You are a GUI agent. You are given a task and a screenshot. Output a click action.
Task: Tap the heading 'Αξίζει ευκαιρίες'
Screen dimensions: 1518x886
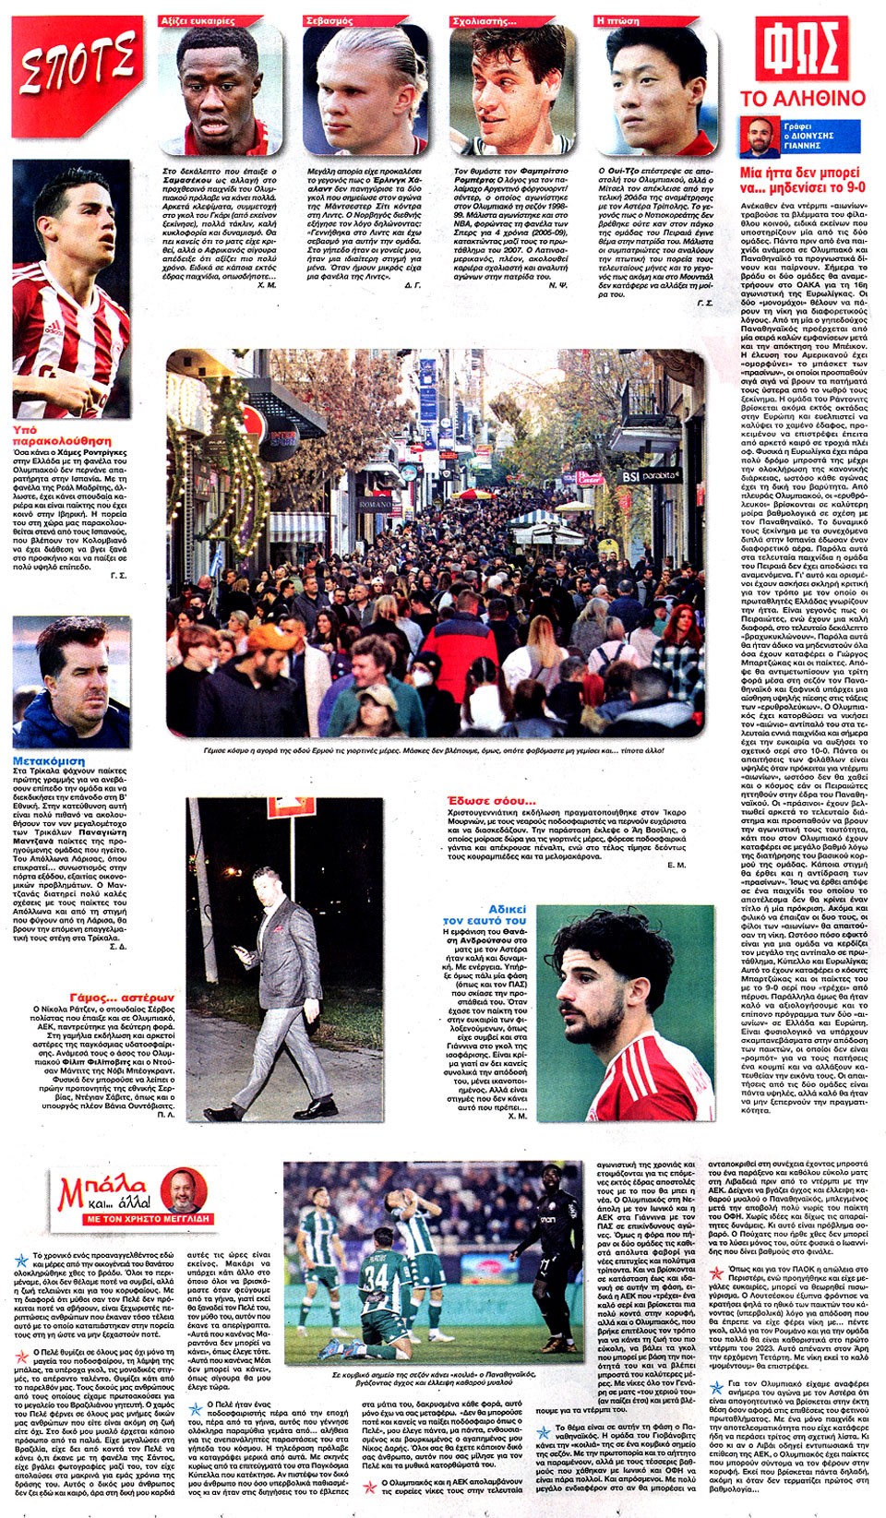pos(198,20)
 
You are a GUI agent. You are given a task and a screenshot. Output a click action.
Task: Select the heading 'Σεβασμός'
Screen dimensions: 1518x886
pos(329,20)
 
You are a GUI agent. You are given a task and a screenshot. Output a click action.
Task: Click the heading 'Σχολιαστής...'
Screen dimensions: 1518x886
pos(484,20)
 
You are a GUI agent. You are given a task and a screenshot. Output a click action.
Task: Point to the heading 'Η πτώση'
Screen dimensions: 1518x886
pos(618,20)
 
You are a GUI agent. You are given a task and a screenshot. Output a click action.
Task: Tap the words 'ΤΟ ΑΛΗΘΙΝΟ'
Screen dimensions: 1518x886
pos(803,99)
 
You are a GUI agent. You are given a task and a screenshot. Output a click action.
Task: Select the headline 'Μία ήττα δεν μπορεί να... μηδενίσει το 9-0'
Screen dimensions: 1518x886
pos(801,179)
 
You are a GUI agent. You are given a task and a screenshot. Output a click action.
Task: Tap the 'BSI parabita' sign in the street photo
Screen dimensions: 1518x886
pos(650,476)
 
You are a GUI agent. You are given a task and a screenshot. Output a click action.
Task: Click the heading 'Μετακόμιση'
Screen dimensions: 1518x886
pos(48,760)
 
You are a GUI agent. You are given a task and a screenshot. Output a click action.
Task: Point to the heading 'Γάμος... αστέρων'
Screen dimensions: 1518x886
pos(121,998)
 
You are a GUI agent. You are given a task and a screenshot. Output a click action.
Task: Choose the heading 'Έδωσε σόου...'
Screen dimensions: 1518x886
pos(490,800)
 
